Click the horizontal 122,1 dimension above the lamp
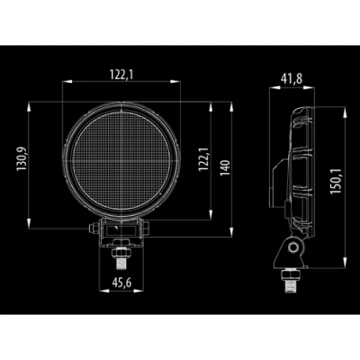tap(121, 75)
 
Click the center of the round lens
tap(121, 160)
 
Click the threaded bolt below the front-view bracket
tap(121, 261)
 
